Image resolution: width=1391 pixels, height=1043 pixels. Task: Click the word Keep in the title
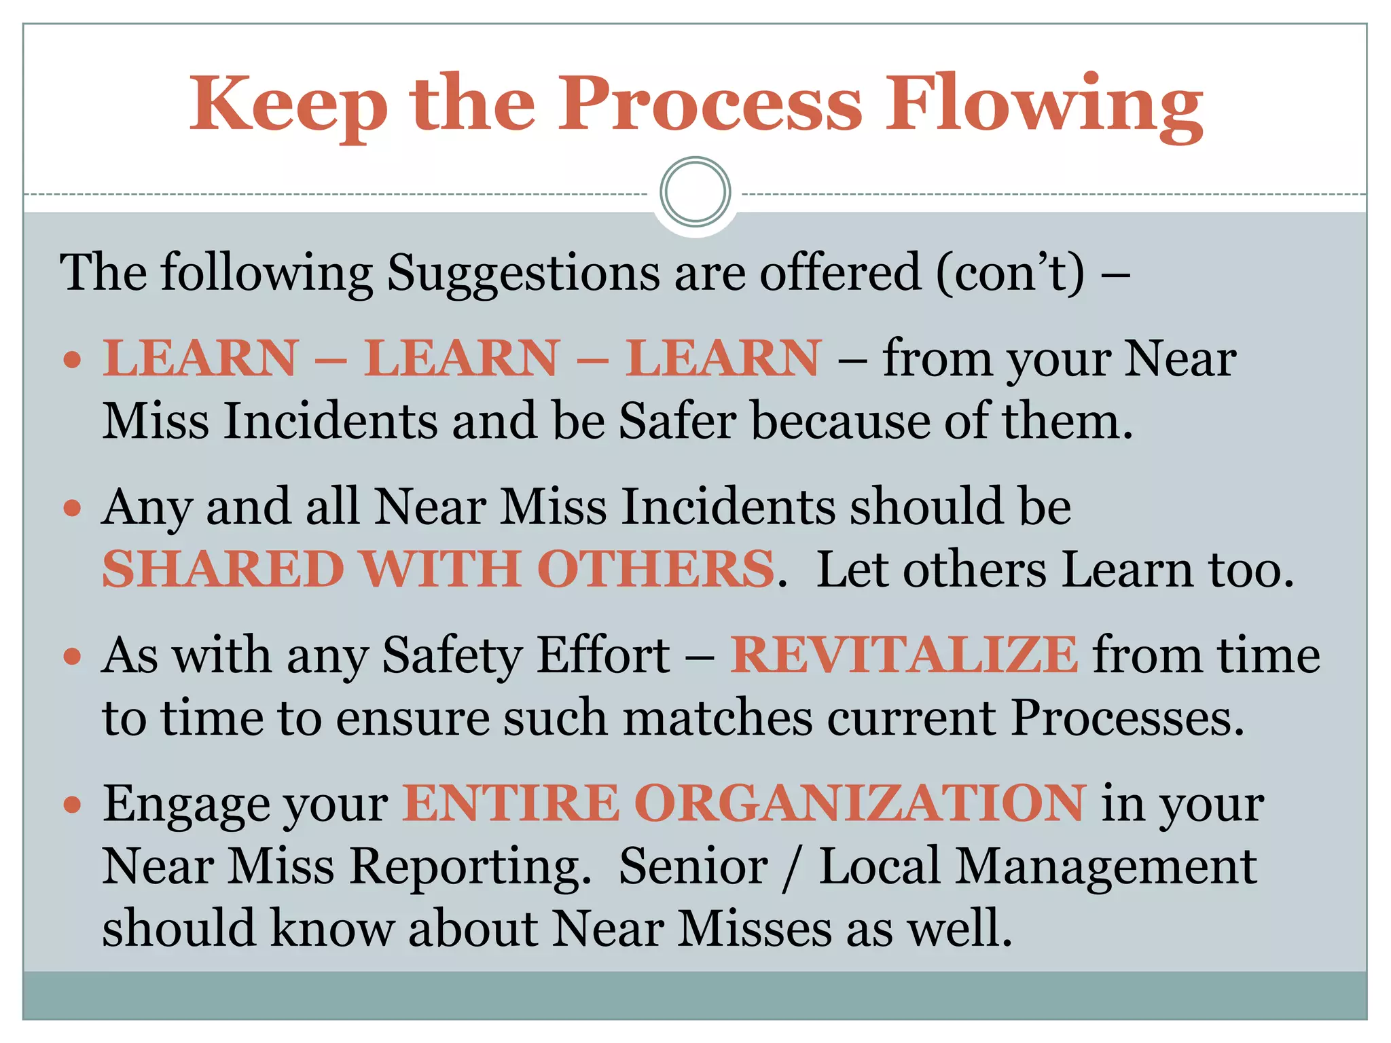[x=288, y=105]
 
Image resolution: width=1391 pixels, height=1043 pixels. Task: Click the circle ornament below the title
[x=695, y=191]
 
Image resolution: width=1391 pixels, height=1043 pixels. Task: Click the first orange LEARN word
[x=201, y=358]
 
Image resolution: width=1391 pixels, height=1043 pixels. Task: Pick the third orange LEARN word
[x=724, y=358]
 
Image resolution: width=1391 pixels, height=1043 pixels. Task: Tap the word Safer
[x=677, y=421]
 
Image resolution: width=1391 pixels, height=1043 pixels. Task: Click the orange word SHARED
[x=223, y=569]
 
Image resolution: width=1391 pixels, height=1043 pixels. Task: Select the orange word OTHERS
[x=656, y=569]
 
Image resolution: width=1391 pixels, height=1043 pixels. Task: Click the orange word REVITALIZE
[x=904, y=655]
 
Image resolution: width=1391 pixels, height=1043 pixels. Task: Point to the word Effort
[x=604, y=655]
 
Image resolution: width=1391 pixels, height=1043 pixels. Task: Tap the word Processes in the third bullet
[x=1127, y=718]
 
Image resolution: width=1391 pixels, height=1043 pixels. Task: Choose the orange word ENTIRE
[x=511, y=803]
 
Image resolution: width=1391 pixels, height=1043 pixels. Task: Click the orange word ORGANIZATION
[x=860, y=803]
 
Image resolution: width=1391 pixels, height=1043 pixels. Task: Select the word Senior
[x=693, y=866]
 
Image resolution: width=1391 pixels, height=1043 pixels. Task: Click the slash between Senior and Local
[x=790, y=868]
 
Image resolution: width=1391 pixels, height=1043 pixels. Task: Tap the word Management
[x=1106, y=868]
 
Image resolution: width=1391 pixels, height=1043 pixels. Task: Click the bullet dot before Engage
[x=72, y=805]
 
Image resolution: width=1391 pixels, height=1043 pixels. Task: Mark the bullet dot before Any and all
[x=72, y=508]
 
